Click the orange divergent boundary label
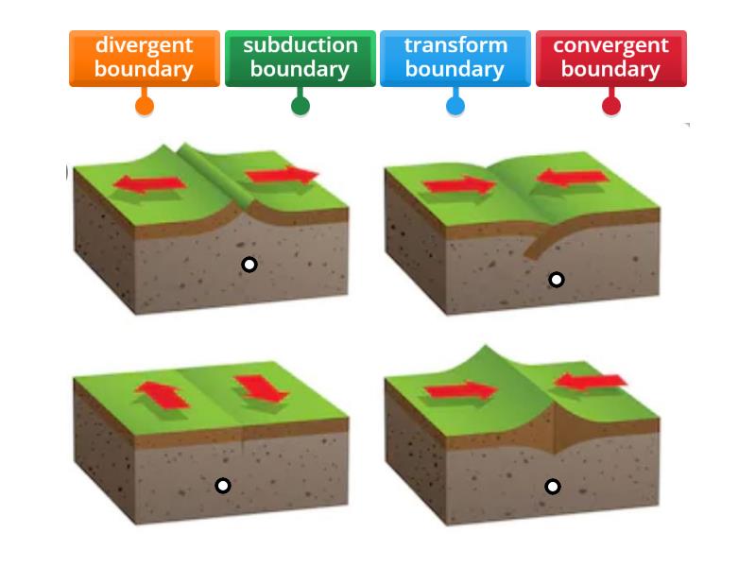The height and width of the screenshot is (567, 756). (x=145, y=59)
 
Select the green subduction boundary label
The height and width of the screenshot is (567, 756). (x=300, y=59)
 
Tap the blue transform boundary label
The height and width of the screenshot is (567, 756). (x=455, y=59)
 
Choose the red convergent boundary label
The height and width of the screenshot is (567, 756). (x=610, y=59)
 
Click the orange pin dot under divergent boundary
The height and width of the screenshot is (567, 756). (x=145, y=106)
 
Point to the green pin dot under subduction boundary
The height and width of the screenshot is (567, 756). (x=301, y=106)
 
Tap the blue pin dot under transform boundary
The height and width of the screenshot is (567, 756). (x=455, y=106)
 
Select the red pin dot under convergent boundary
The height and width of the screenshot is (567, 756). (x=611, y=106)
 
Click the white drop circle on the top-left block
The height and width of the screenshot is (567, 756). (x=249, y=265)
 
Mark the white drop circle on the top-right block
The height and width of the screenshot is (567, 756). (x=557, y=279)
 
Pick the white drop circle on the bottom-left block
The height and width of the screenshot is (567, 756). (x=223, y=485)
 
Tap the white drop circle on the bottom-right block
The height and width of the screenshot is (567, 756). (x=553, y=487)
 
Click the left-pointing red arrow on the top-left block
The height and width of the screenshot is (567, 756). (x=149, y=183)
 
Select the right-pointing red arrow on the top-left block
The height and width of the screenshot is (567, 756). (x=282, y=176)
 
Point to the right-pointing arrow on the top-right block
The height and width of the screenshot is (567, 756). (x=459, y=184)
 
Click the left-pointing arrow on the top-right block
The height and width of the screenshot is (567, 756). (x=573, y=177)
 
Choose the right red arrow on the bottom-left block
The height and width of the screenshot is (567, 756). (x=261, y=388)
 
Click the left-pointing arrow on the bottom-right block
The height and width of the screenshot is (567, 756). (x=590, y=382)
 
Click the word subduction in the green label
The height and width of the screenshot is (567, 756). (x=301, y=45)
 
